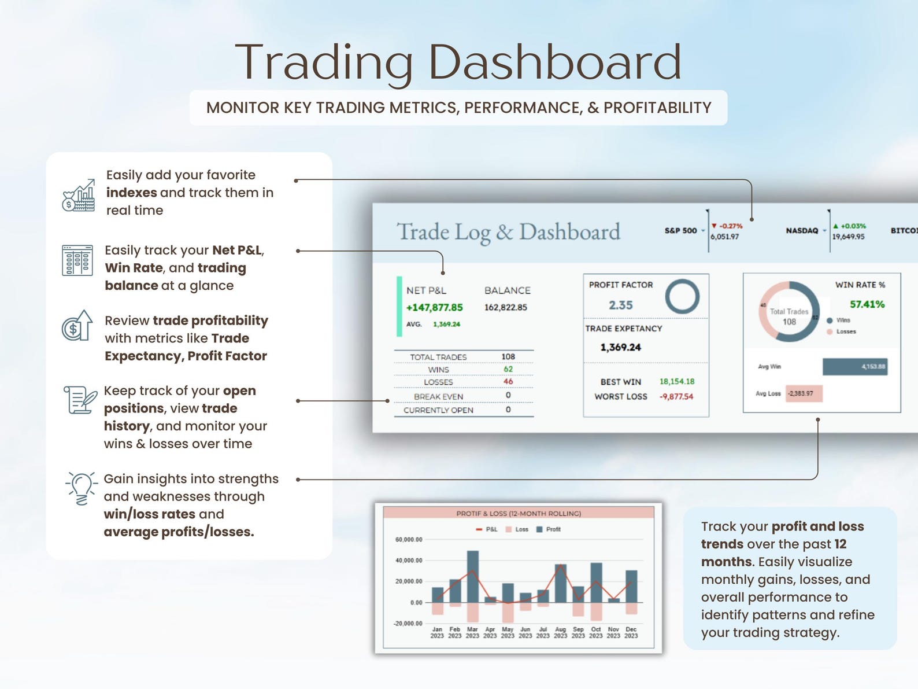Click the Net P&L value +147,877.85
point(434,307)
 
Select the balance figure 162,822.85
point(505,307)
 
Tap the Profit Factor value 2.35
point(620,305)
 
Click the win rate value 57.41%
point(867,304)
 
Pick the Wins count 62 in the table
point(508,369)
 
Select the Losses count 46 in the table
point(508,382)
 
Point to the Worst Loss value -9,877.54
point(676,397)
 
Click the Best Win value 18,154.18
point(676,382)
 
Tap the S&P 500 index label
point(680,231)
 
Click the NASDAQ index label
point(801,231)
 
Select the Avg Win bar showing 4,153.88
point(854,367)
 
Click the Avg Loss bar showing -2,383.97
point(803,393)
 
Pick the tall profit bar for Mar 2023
point(472,576)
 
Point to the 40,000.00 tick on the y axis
point(408,561)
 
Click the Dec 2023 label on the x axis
point(631,632)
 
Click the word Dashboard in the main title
point(554,62)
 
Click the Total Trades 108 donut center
point(789,317)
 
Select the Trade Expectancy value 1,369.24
point(620,348)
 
